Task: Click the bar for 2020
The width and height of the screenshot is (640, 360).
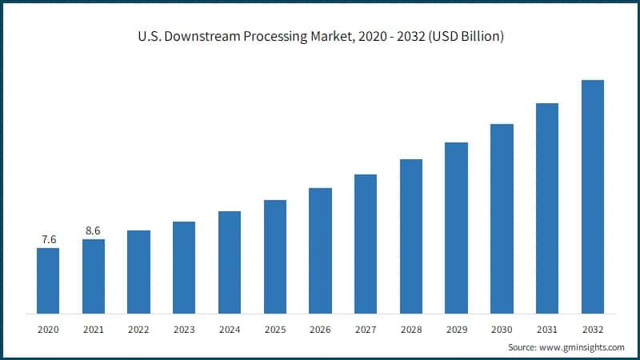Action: point(48,281)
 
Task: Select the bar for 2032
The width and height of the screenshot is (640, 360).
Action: point(592,197)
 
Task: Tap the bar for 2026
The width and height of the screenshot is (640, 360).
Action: point(320,250)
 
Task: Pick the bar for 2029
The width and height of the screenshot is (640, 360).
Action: point(456,228)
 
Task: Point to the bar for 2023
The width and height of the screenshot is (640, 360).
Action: point(184,267)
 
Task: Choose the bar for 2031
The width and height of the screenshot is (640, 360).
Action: point(546,208)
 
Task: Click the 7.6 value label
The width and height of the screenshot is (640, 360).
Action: point(48,240)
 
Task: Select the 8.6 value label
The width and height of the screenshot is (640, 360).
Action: point(94,231)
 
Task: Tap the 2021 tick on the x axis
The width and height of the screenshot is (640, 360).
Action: point(94,329)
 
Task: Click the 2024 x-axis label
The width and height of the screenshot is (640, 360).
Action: point(230,329)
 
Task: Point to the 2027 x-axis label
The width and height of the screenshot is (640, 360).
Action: point(366,329)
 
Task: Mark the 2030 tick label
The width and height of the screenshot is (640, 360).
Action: point(502,329)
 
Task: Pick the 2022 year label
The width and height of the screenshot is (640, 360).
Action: point(138,329)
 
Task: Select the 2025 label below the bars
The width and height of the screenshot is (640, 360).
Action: point(274,329)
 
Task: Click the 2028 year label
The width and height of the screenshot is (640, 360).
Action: point(410,329)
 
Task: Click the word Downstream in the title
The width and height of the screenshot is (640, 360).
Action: point(195,37)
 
